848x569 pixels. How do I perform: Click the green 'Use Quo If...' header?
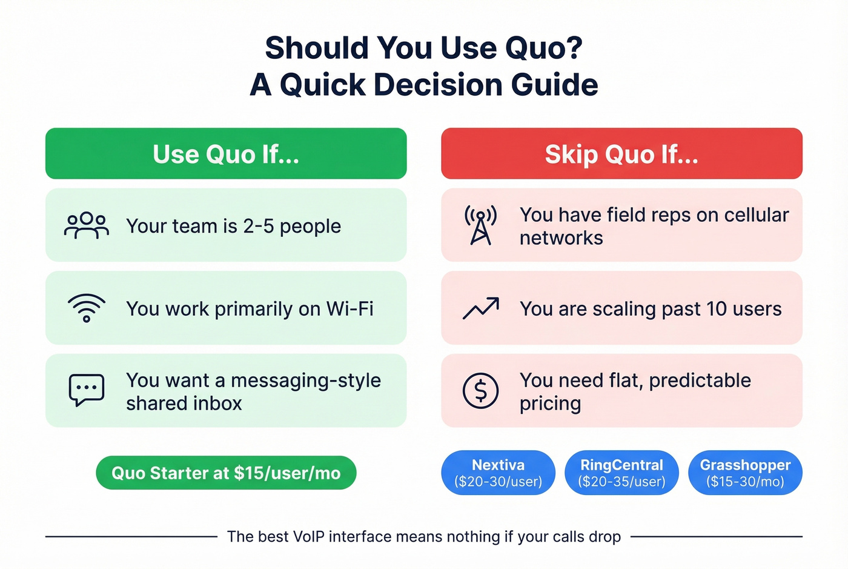click(226, 154)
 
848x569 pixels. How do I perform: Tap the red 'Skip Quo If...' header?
click(621, 154)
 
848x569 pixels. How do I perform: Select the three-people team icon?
click(87, 225)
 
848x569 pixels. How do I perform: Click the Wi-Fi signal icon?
click(87, 308)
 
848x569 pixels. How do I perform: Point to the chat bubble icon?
click(87, 390)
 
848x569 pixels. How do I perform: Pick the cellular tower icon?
click(480, 225)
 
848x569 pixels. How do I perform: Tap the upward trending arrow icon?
click(481, 308)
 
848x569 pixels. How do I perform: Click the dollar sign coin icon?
click(480, 390)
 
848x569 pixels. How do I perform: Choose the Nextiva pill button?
click(498, 473)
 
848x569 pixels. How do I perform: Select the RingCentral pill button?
click(621, 473)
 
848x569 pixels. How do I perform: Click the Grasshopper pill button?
click(745, 473)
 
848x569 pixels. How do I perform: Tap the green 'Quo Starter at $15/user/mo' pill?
click(226, 473)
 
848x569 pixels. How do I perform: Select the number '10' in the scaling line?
click(716, 309)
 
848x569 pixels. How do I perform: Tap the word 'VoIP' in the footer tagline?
click(309, 537)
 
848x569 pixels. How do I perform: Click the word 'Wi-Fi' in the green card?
click(349, 309)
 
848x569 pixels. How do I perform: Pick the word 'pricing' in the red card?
click(550, 404)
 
